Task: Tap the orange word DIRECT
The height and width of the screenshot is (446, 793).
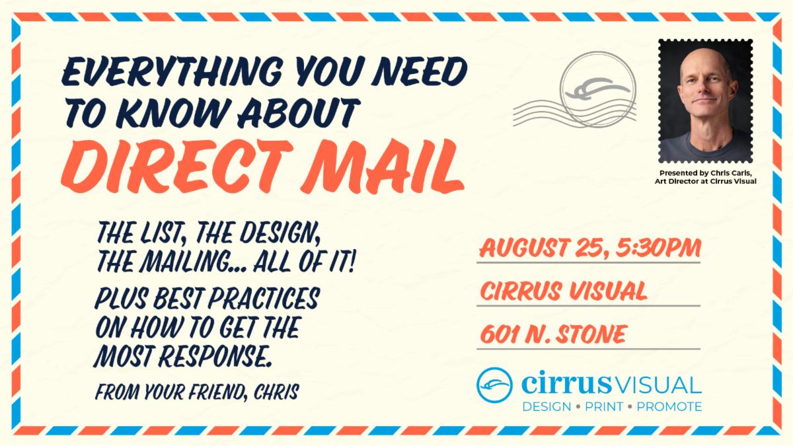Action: click(x=177, y=167)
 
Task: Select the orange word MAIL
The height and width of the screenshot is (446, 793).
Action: click(x=383, y=167)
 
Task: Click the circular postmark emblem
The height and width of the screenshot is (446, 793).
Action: click(x=598, y=89)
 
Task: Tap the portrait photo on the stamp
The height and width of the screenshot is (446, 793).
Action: click(x=706, y=101)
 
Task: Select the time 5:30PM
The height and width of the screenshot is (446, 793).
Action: click(x=658, y=247)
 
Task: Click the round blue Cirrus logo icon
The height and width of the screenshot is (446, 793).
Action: click(x=494, y=385)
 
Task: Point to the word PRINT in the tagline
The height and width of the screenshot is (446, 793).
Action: click(x=604, y=407)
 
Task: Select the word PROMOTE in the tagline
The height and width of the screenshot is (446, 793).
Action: click(x=669, y=407)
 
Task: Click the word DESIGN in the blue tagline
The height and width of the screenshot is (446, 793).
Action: click(x=547, y=407)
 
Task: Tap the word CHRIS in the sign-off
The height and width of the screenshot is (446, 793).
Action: click(x=276, y=392)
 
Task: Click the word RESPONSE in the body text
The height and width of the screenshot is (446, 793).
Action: click(x=215, y=355)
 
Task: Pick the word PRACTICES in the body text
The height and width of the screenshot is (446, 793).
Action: click(x=264, y=299)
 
